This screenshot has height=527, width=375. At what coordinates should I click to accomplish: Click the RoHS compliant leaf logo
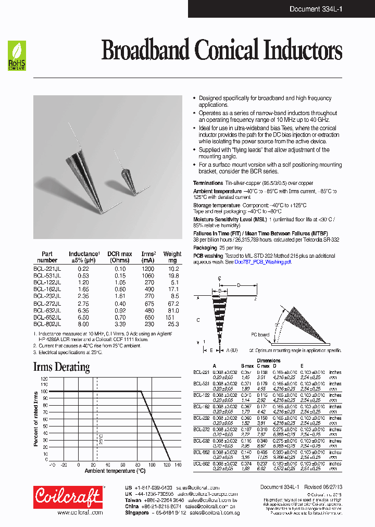(17, 57)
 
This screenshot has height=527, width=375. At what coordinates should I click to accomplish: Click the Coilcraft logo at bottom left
(68, 497)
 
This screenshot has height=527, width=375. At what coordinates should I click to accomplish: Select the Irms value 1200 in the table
(148, 268)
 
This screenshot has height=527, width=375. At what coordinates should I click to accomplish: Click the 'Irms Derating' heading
(61, 367)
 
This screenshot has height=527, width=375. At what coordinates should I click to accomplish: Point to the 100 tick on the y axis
(44, 391)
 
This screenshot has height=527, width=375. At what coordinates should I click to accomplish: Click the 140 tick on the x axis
(178, 465)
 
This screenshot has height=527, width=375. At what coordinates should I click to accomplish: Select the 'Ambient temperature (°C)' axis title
(115, 471)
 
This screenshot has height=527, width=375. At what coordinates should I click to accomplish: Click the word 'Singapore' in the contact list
(137, 513)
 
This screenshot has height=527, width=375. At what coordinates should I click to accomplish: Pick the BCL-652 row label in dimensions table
(202, 452)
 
